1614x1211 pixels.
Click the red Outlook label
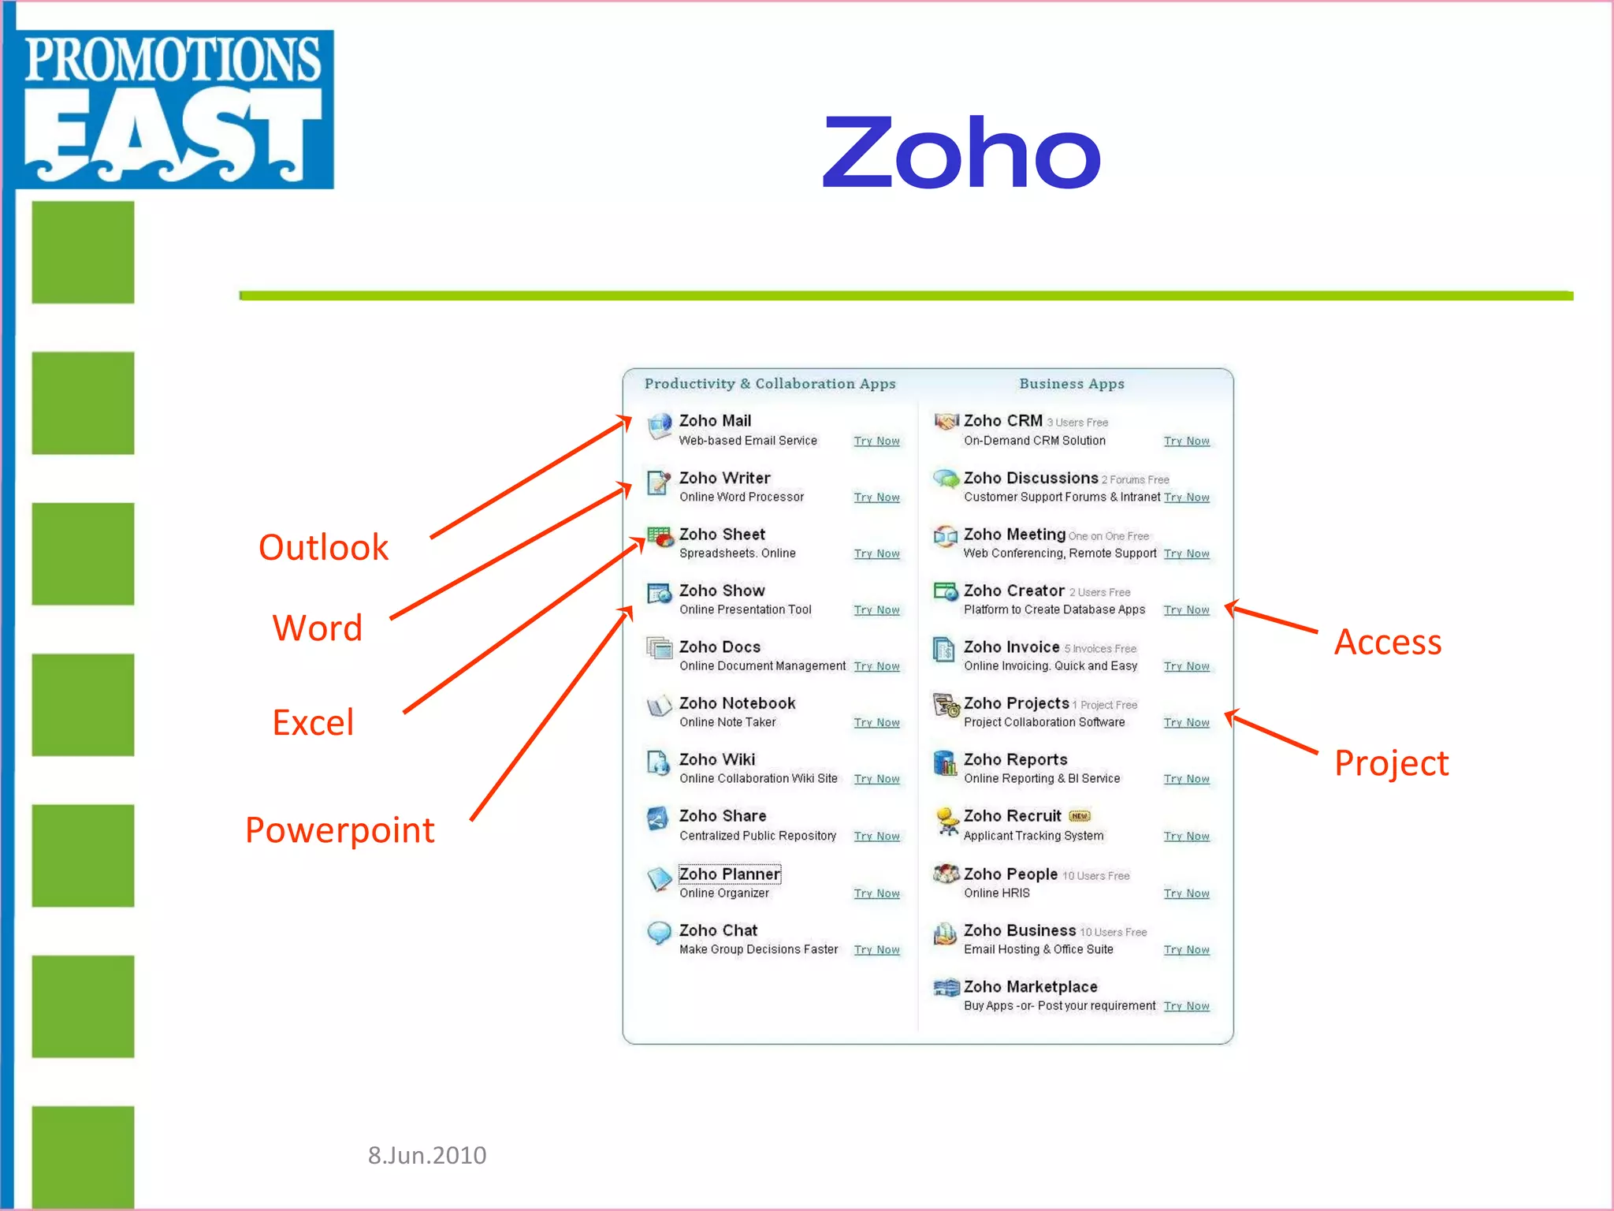click(x=323, y=547)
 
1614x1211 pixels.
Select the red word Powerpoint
click(x=340, y=830)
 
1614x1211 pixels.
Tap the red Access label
click(x=1388, y=643)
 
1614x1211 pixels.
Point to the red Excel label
click(x=313, y=722)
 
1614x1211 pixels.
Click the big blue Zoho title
click(x=961, y=153)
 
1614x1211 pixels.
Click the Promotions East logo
click(x=173, y=109)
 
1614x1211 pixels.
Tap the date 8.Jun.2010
click(x=427, y=1155)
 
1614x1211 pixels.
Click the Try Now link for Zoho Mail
click(x=876, y=442)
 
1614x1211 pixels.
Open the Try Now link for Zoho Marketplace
click(x=1186, y=1006)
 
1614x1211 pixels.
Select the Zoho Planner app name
click(x=729, y=874)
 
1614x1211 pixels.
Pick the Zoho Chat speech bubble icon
click(x=659, y=933)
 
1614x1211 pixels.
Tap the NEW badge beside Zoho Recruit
click(x=1080, y=816)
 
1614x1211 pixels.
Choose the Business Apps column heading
click(x=1072, y=384)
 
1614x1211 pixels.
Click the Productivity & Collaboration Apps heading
click(x=770, y=384)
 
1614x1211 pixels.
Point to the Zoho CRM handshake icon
click(x=946, y=423)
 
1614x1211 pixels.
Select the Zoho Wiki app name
click(x=717, y=759)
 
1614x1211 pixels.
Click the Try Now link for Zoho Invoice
click(x=1186, y=666)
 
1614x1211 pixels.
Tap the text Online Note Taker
click(x=727, y=722)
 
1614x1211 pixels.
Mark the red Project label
click(x=1391, y=763)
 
